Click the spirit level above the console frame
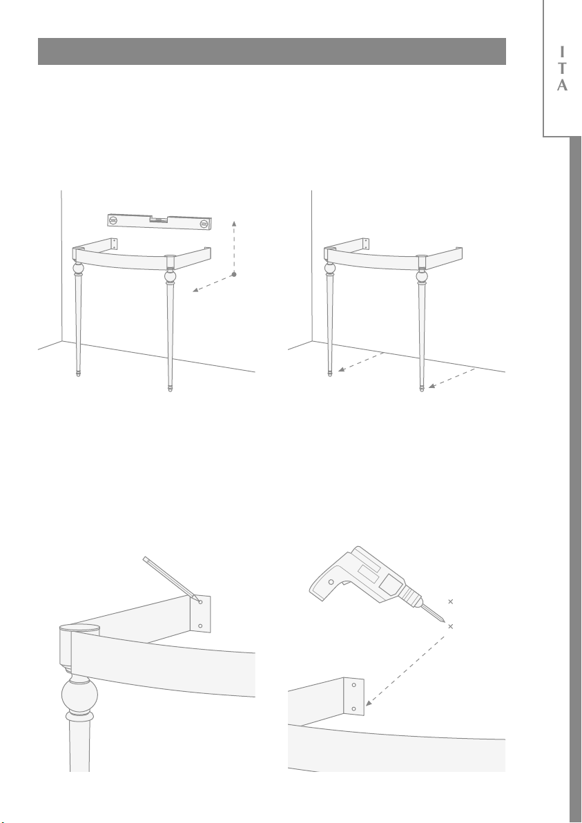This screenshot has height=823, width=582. point(159,222)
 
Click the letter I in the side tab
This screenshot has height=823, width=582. point(562,52)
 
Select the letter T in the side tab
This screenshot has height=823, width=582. point(562,68)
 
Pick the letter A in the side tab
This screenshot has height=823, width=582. point(562,85)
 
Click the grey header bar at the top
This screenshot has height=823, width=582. point(272,51)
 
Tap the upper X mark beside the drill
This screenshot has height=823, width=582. point(450,601)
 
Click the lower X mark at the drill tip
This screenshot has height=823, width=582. point(450,626)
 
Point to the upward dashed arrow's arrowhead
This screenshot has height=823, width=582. point(234,224)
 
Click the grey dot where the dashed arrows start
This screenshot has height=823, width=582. point(234,274)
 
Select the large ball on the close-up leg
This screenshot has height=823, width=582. point(80,696)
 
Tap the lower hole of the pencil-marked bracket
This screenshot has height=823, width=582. point(200,626)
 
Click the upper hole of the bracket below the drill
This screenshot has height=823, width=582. point(353,685)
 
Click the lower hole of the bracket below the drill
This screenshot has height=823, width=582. point(353,708)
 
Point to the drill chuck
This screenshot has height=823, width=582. point(412,596)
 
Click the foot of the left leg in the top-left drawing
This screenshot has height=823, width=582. point(79,374)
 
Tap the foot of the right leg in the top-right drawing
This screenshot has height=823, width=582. point(421,389)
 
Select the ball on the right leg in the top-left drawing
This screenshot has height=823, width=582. point(170,276)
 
